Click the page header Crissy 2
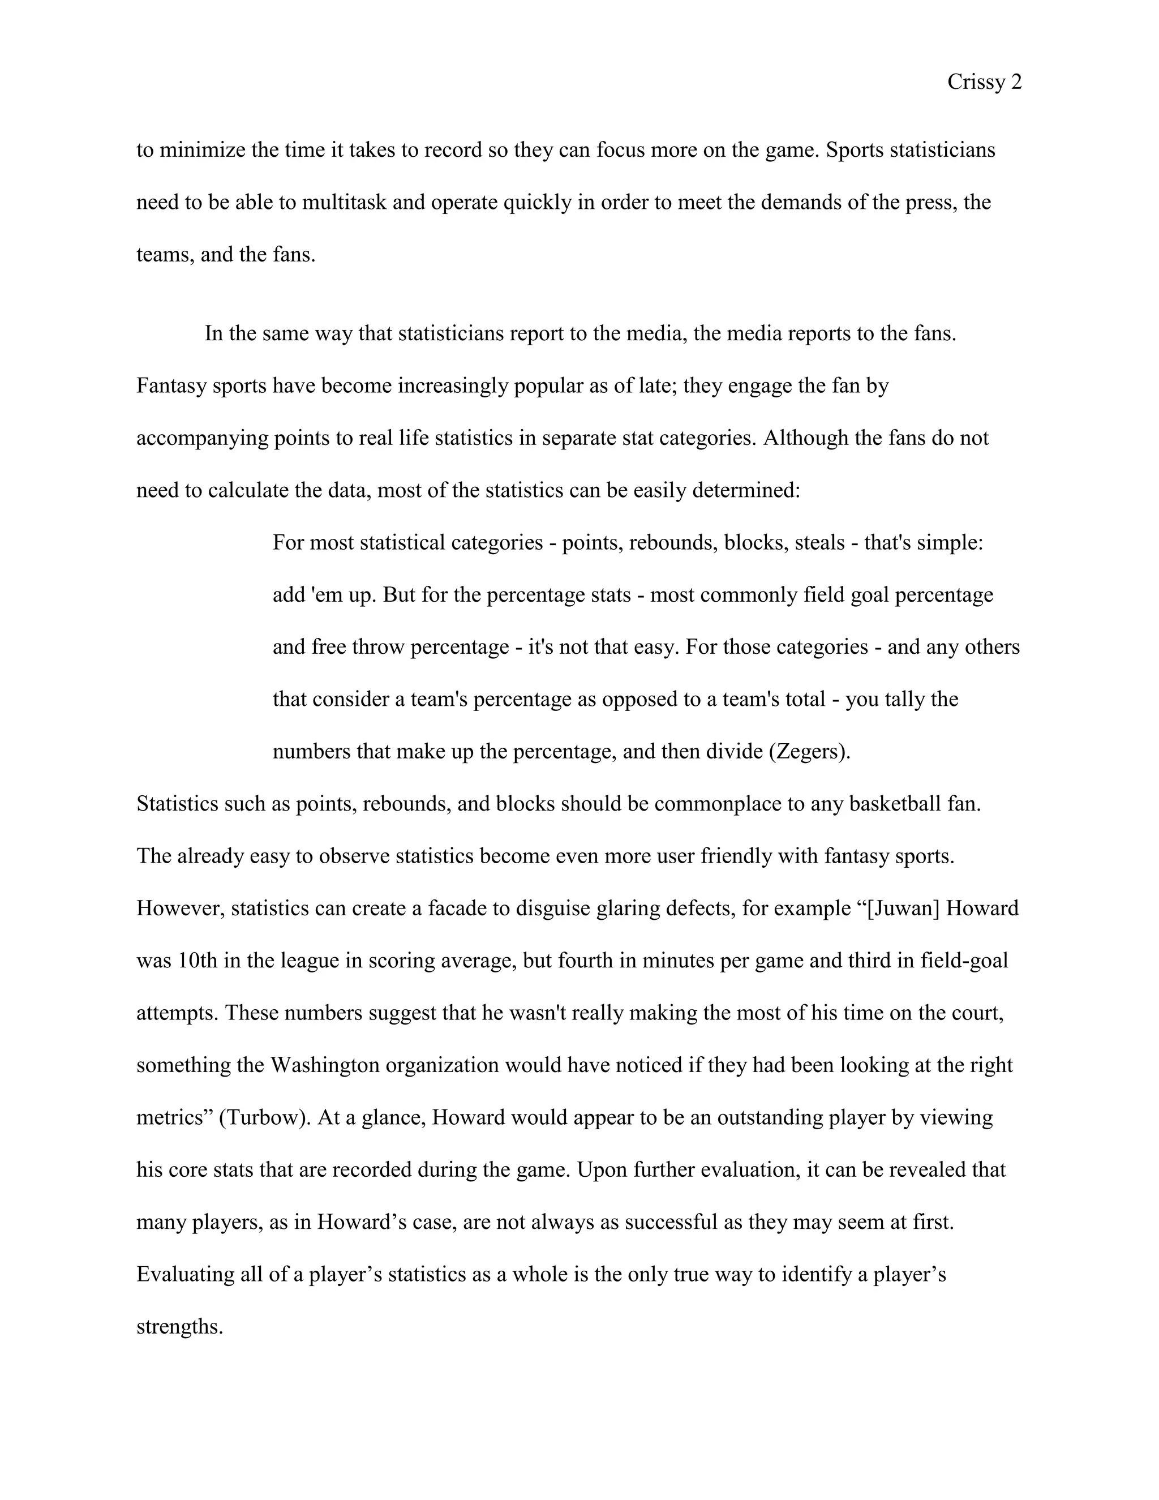click(984, 83)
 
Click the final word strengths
click(180, 1326)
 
